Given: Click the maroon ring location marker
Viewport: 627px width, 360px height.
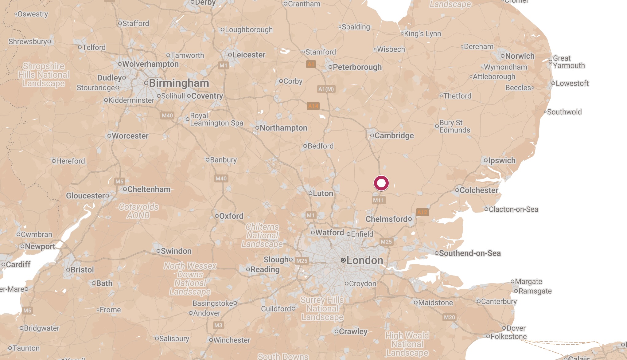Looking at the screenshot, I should [x=381, y=183].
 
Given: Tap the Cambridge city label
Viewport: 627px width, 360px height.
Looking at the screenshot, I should [x=394, y=135].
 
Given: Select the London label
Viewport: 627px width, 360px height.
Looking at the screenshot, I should [x=364, y=260].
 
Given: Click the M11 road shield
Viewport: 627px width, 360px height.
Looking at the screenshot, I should [x=378, y=200].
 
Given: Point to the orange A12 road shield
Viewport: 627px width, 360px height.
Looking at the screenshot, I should [x=422, y=212].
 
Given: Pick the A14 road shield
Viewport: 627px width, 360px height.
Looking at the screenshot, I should [x=313, y=106].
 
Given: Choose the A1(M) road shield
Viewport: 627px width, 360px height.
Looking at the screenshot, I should [x=326, y=89].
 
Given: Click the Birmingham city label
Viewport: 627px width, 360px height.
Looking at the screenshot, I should [x=179, y=83].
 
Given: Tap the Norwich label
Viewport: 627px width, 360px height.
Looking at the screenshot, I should [x=520, y=56].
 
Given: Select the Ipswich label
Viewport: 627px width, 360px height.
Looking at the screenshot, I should [x=501, y=160].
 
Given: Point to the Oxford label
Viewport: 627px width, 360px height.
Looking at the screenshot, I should [x=231, y=216].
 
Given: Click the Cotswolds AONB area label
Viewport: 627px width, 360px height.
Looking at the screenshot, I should [x=138, y=211].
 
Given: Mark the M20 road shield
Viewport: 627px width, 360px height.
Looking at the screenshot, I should [x=449, y=317].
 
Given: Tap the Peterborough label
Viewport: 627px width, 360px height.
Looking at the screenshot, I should [x=357, y=67].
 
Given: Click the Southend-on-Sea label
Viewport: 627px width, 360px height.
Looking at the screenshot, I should [x=470, y=253].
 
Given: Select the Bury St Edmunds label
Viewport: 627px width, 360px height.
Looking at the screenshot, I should [x=454, y=126].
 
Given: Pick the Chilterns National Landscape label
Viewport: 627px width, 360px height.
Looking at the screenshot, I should [x=262, y=235].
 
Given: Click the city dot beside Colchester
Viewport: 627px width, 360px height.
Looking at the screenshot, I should [x=457, y=190].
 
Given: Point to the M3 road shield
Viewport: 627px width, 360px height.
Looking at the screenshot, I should [x=218, y=325].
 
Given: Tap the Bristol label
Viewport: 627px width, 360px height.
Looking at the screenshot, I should [x=82, y=270].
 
